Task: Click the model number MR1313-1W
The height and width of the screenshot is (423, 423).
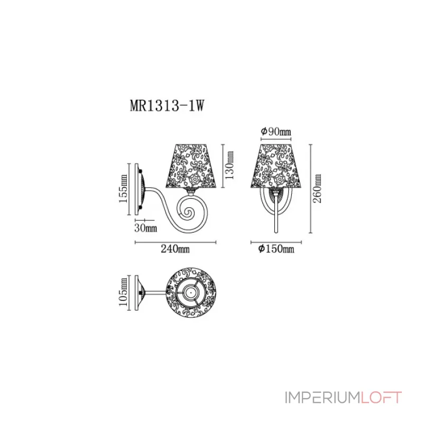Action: [167, 105]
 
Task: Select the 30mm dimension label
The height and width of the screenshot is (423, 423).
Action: [146, 228]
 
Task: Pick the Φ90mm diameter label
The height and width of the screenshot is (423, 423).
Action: [276, 132]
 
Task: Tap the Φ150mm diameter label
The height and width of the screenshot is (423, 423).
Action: [276, 249]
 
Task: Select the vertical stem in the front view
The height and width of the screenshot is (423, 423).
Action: [275, 217]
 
